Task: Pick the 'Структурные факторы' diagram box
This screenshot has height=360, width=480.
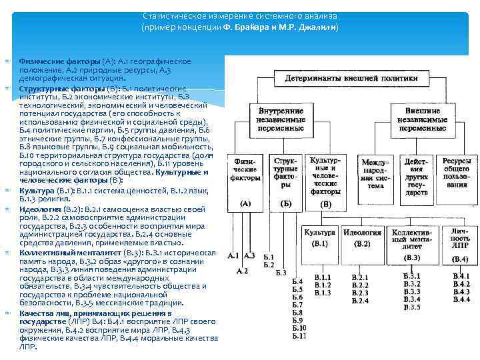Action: pyautogui.click(x=285, y=175)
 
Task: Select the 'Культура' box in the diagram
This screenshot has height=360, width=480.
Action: pyautogui.click(x=321, y=237)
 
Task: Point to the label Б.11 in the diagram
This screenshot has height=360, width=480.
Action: pyautogui.click(x=299, y=337)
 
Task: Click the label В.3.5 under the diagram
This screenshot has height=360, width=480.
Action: pyautogui.click(x=412, y=307)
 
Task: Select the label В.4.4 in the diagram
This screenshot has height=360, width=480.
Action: pyautogui.click(x=461, y=300)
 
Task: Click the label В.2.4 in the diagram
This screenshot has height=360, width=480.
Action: pyautogui.click(x=360, y=301)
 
